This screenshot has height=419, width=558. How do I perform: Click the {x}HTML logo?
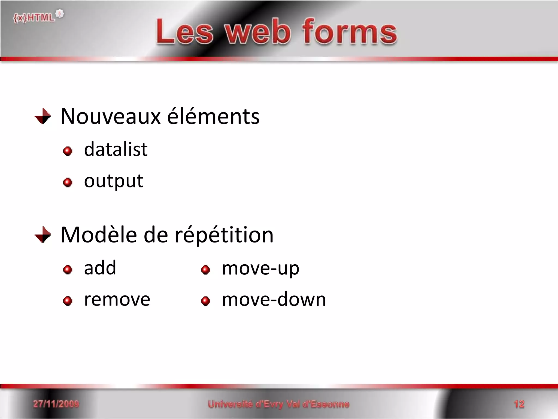38,17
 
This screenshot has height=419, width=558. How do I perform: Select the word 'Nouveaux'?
110,116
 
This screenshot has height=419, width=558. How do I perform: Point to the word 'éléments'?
213,116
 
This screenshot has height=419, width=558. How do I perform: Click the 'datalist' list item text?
116,149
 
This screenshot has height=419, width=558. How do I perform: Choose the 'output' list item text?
113,181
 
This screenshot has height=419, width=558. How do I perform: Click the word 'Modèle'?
99,235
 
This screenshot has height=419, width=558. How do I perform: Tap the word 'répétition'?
224,235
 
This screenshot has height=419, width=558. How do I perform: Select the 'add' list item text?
100,268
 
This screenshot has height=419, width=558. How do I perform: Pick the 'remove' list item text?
117,300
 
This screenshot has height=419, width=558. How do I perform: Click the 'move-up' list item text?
260,268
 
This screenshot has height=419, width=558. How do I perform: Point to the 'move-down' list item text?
274,300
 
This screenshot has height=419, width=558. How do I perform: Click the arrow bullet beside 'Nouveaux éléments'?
43,116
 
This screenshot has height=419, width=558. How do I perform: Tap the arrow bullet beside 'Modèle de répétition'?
43,235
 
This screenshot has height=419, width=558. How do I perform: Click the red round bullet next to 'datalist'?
68,151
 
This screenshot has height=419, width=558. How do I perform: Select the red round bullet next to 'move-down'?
205,301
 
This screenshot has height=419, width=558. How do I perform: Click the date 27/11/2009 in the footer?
56,404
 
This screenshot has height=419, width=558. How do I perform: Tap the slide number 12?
519,404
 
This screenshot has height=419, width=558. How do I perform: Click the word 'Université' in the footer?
230,404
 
